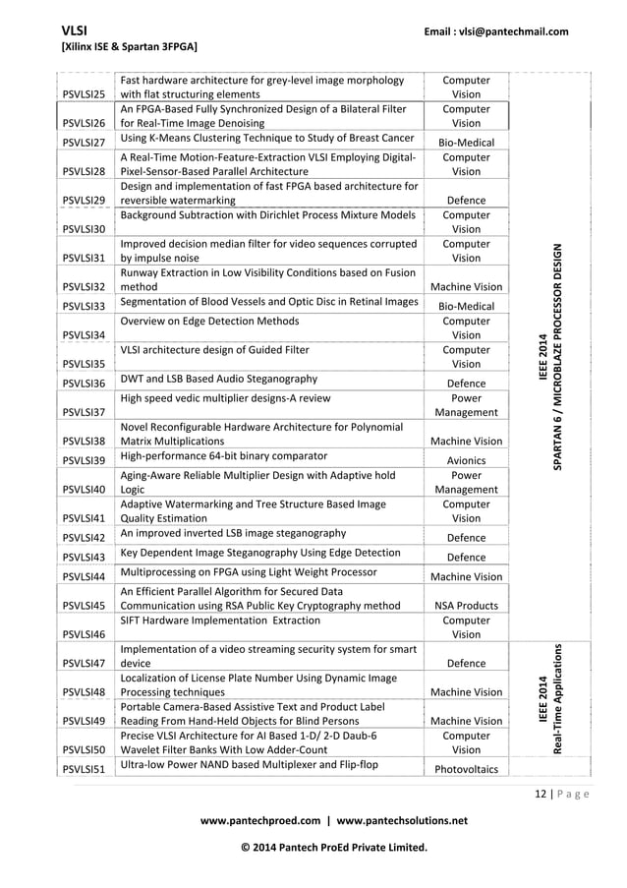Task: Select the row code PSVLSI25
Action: [84, 96]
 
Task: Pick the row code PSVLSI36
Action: [84, 384]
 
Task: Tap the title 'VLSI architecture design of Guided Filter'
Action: [214, 349]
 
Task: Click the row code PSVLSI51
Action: [84, 768]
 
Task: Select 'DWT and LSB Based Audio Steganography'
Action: [218, 379]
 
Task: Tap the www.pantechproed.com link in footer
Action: [257, 820]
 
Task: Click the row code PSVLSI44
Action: [84, 576]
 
